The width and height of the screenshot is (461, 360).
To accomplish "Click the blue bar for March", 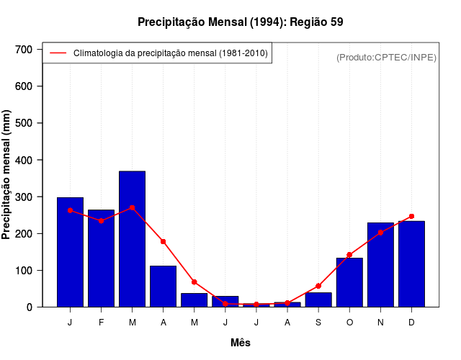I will (132, 239).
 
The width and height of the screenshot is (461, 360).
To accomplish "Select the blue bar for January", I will (70, 252).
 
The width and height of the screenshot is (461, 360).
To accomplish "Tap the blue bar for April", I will (163, 286).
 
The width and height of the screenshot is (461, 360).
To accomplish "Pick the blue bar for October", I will (349, 282).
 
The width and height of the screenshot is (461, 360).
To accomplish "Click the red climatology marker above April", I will (163, 241).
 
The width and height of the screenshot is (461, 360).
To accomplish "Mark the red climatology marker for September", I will (318, 286).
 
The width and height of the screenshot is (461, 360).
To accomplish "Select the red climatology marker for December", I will (411, 216).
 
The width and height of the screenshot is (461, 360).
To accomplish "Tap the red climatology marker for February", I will (101, 220).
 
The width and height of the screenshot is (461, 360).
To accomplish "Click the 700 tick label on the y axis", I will (24, 50).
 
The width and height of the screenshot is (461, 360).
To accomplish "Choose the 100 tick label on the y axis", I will (24, 271).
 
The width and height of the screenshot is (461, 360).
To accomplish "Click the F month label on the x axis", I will (101, 323).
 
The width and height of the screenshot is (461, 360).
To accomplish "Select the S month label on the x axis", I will (318, 323).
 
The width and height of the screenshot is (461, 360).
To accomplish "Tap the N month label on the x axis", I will (380, 323).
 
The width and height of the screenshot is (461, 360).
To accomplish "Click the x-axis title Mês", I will (241, 343).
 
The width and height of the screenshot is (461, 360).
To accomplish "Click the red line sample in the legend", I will (58, 53).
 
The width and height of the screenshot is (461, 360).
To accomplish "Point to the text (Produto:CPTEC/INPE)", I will (386, 57).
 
